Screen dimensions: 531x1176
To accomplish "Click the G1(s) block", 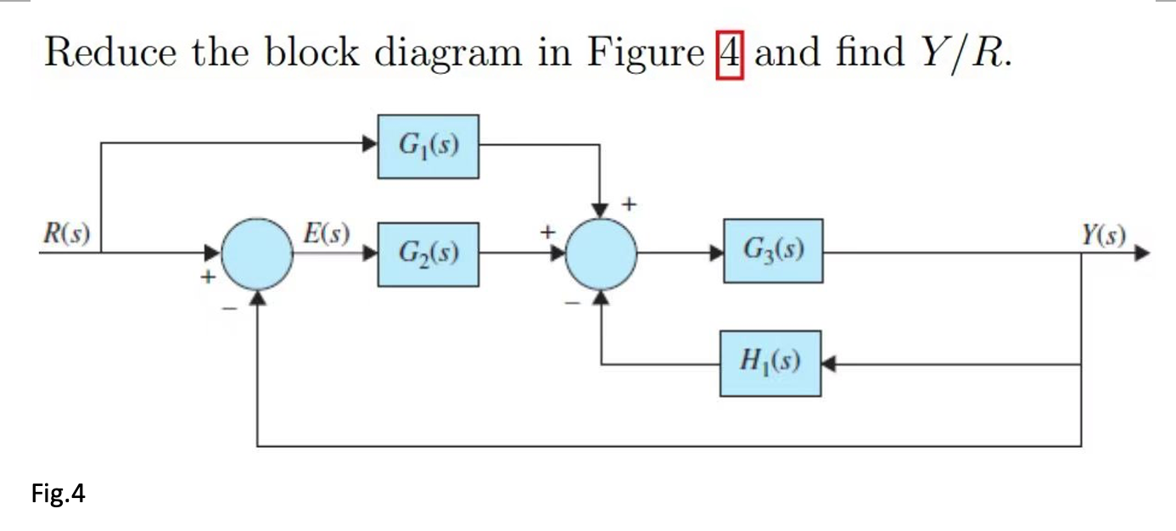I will pyautogui.click(x=428, y=147).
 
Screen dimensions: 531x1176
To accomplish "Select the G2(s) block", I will pyautogui.click(x=428, y=254).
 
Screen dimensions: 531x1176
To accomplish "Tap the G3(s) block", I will pyautogui.click(x=773, y=250).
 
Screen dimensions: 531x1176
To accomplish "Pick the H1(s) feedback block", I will pyautogui.click(x=770, y=363).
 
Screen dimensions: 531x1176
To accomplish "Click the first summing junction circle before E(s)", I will pyautogui.click(x=257, y=253).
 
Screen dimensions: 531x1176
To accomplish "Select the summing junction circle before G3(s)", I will pyautogui.click(x=600, y=253).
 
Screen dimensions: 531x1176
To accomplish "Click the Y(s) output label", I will pyautogui.click(x=1103, y=232).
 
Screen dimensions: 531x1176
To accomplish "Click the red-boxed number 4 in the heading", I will pyautogui.click(x=730, y=53).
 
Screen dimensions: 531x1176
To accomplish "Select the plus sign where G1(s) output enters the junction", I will pyautogui.click(x=630, y=204).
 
